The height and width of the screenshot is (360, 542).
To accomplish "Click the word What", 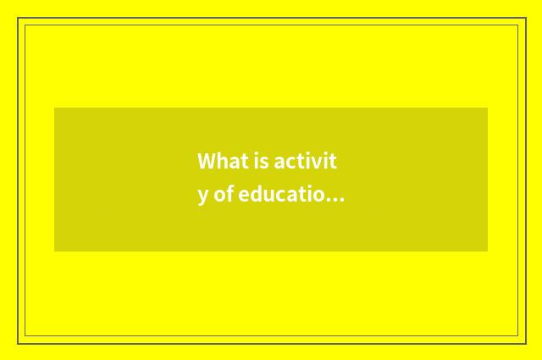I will pos(216,161).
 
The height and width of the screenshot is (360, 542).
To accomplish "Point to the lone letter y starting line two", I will pos(202,197).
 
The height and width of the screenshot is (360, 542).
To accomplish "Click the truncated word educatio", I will pos(280,196).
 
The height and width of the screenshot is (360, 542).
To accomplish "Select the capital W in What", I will pos(206,161).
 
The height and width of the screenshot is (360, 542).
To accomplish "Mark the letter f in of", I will pos(230,196).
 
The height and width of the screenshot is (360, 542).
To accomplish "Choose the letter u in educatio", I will pos(268,197).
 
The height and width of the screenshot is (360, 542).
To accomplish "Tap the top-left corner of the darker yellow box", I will pos(55,108).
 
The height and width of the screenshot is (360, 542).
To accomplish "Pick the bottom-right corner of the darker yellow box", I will pos(487,251).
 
